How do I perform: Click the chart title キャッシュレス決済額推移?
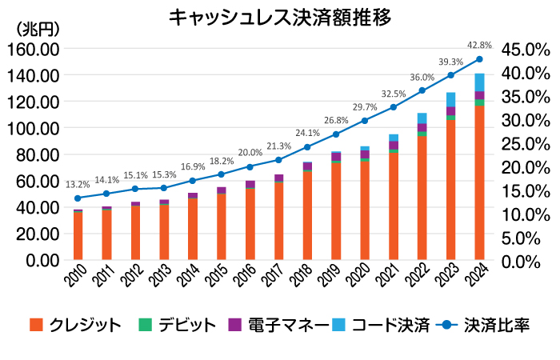pos(281,18)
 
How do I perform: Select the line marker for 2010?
pos(78,198)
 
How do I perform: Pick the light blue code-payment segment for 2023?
pos(451,99)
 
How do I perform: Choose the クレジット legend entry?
pos(76,325)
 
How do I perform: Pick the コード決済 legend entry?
pos(381,325)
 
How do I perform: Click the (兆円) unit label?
pos(38,29)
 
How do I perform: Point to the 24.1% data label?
pos(308,134)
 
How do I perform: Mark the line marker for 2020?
pos(365,121)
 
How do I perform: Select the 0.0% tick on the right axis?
pos(524,262)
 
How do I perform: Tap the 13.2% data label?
pos(78,184)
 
